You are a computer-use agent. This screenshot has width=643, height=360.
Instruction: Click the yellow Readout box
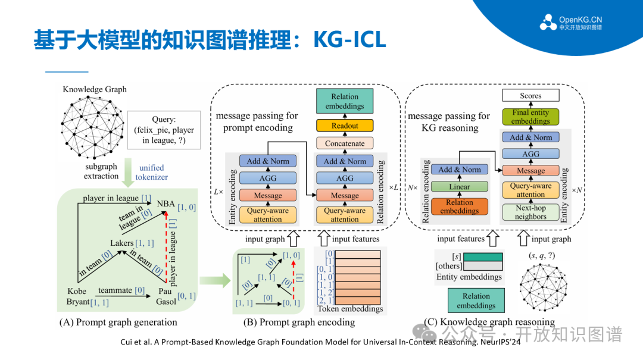point(345,126)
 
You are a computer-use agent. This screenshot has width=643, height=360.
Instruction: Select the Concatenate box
point(345,143)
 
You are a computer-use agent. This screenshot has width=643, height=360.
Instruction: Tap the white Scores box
point(530,95)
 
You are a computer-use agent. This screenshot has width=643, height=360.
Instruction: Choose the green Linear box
point(459,187)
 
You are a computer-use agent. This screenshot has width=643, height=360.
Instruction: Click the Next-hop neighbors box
point(530,212)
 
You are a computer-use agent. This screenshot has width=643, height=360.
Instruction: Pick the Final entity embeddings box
point(530,117)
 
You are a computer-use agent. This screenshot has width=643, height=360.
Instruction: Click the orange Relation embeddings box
point(459,206)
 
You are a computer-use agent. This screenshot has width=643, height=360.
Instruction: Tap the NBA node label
point(166,204)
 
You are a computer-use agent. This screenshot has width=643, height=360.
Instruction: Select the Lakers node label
point(122,243)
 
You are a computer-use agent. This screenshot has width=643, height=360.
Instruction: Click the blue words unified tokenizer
point(151,172)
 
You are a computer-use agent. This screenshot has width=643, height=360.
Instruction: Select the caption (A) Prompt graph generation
point(118,323)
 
